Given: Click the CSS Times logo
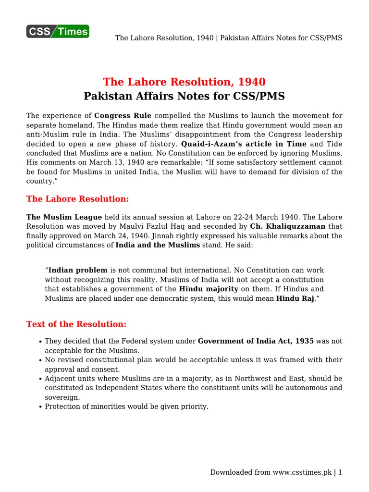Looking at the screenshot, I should [x=58, y=32].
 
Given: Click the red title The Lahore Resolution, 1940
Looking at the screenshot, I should [x=184, y=82].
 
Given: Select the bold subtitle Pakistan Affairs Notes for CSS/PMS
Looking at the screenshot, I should [x=184, y=96].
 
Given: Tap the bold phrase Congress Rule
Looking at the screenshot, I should [x=123, y=116].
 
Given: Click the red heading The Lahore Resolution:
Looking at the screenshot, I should [x=77, y=199].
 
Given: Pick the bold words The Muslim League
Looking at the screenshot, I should [x=64, y=217].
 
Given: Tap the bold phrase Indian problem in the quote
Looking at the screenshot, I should [x=78, y=271].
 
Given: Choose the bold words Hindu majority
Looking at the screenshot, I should [x=209, y=289].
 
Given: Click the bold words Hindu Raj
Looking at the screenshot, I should [x=295, y=298].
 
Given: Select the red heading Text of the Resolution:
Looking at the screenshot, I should [x=76, y=324].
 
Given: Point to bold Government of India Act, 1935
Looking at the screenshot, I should [x=256, y=341].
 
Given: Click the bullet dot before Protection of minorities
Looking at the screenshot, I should [x=39, y=407].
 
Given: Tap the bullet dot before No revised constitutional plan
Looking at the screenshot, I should [x=39, y=360].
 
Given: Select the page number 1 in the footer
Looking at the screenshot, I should [x=340, y=472].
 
